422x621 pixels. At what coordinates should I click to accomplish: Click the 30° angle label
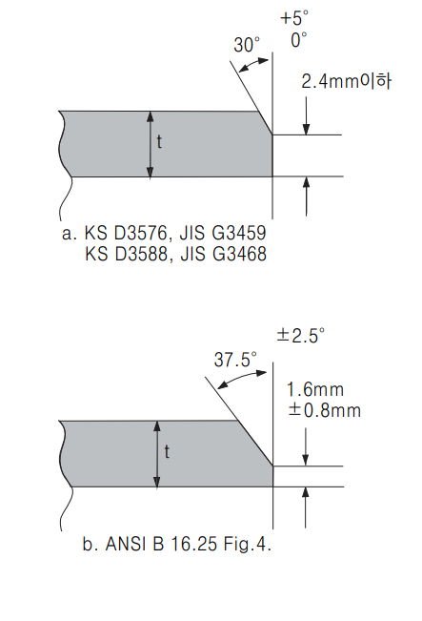pos(247,45)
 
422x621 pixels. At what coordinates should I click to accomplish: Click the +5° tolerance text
pos(294,18)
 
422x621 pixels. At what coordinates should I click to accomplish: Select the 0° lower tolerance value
pos(299,40)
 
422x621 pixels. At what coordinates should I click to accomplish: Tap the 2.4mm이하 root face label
pos(347,82)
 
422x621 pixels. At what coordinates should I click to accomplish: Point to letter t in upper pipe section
pos(159,142)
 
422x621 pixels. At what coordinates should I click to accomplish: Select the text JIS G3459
pos(223,233)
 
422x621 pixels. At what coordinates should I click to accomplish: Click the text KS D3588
pos(126,254)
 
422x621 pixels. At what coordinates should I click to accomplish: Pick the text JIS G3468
pos(223,254)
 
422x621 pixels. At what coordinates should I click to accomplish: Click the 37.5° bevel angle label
pos(235,360)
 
